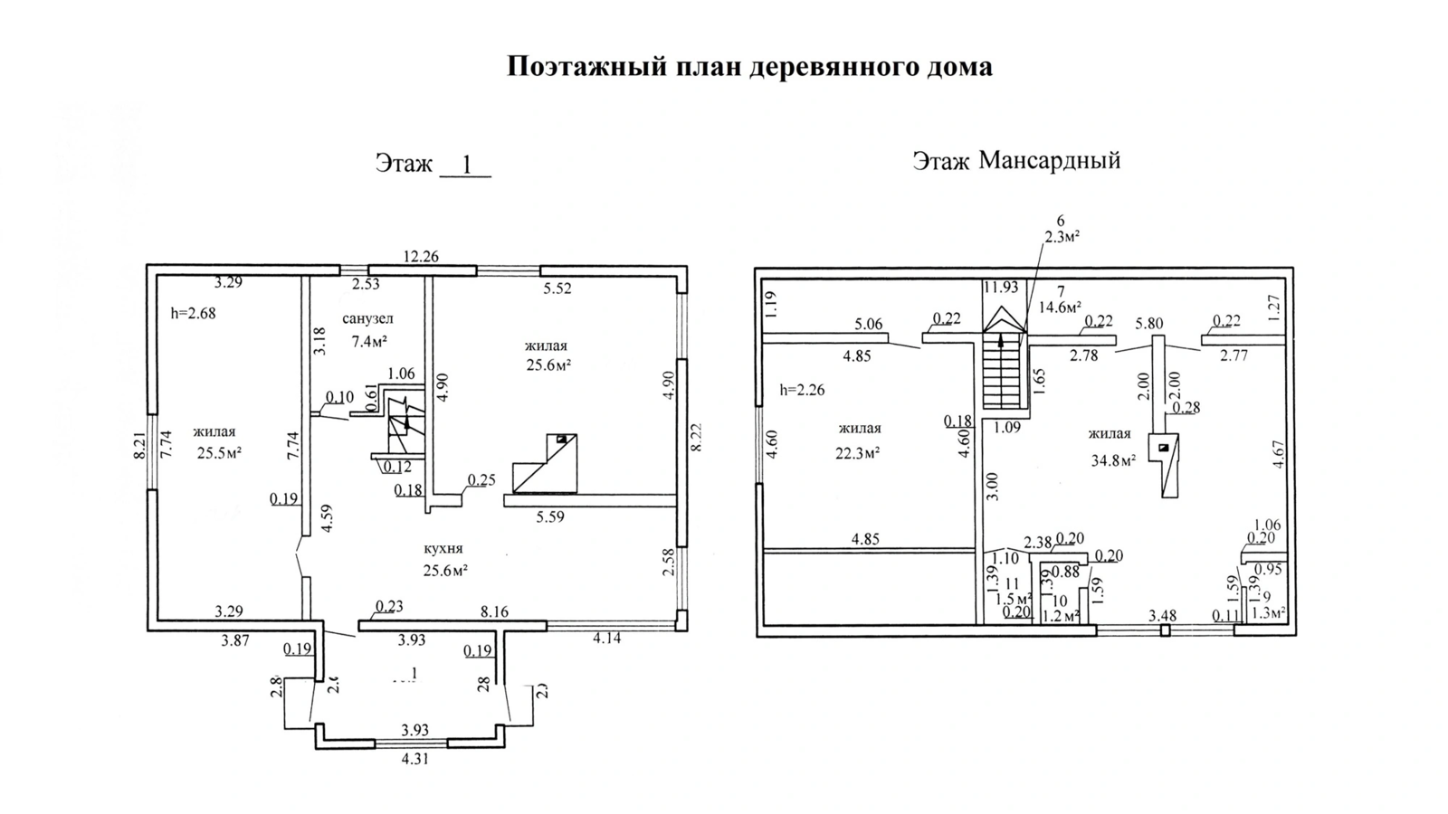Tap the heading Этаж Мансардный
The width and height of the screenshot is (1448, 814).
point(1016,161)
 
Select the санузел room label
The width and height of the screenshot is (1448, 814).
point(368,318)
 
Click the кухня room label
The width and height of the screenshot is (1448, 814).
point(443,549)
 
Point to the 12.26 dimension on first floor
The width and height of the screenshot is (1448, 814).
point(421,257)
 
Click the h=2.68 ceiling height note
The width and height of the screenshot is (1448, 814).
point(194,314)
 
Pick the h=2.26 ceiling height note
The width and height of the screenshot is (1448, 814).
point(802,391)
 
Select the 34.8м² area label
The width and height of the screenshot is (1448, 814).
point(1113,460)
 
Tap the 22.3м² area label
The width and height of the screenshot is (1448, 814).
point(858,452)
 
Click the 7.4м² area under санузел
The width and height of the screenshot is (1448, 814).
point(369,341)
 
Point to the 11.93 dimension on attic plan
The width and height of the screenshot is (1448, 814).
point(1001,288)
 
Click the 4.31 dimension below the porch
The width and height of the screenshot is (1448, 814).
point(414,760)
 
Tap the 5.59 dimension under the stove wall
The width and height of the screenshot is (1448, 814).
point(550,517)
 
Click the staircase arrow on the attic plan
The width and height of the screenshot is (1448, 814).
point(1001,341)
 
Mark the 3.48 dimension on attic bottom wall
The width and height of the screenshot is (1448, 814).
point(1162,616)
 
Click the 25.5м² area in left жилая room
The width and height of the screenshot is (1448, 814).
point(219,453)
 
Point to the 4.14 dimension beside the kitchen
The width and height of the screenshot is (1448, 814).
point(606,639)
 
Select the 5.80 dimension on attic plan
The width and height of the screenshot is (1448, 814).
point(1148,322)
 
